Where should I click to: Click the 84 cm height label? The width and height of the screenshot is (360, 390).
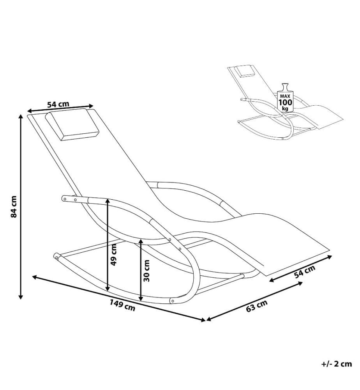pos(14,207)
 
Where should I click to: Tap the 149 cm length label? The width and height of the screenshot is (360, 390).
pos(122,305)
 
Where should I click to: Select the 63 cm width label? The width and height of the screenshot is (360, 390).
pos(257,306)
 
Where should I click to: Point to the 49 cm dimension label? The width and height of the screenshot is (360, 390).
pos(113,255)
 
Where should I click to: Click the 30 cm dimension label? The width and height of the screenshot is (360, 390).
pos(146,271)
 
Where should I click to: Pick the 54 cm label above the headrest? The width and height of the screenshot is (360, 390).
pos(58,104)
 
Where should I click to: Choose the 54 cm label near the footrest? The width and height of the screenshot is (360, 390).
pos(305,271)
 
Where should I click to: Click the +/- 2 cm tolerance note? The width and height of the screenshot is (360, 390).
pos(337,364)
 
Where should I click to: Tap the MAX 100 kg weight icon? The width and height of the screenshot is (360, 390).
pos(285,98)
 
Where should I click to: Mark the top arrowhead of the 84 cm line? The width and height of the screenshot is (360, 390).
pos(21,116)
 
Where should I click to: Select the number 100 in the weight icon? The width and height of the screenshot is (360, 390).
pos(286,102)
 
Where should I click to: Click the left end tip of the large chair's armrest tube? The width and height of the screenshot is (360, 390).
pos(63,198)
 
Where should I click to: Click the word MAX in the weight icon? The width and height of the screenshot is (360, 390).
pos(285,96)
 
